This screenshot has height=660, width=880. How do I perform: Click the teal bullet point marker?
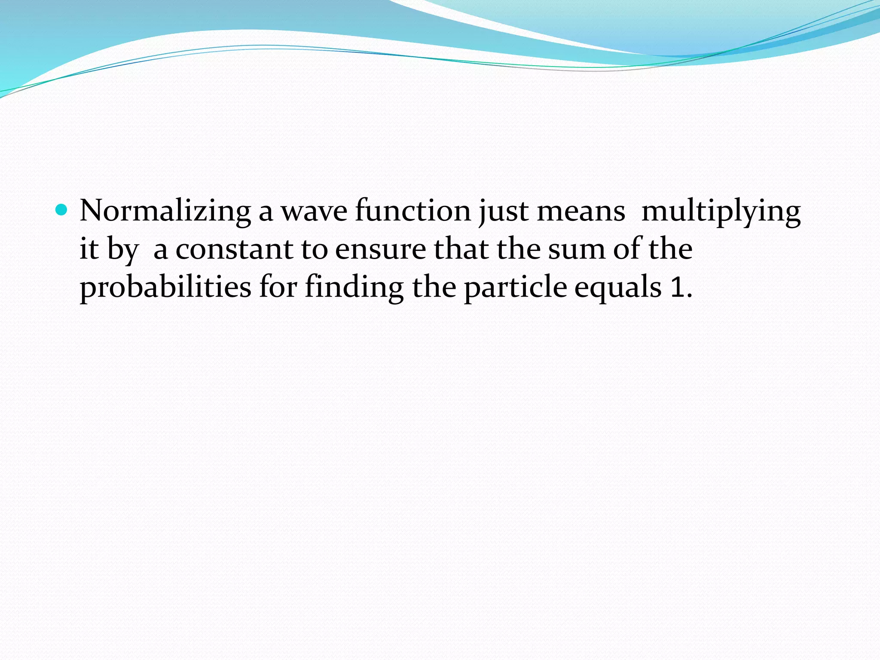click(62, 210)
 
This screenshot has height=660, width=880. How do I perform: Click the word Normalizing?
click(165, 211)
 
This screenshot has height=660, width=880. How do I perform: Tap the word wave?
click(314, 212)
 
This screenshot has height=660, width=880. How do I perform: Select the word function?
click(413, 211)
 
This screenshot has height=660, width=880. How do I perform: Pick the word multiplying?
click(721, 212)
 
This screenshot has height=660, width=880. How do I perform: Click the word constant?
click(234, 250)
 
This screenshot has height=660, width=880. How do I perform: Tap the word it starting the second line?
click(89, 249)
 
